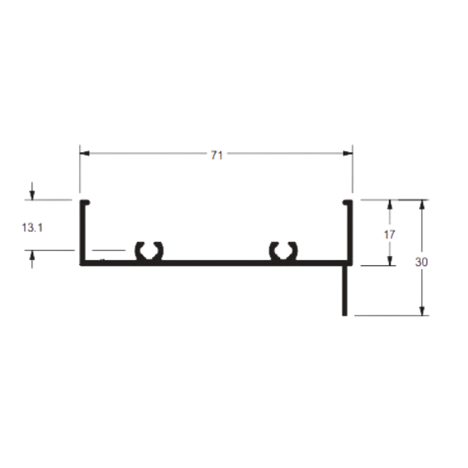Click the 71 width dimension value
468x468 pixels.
click(217, 155)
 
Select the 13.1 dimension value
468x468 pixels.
click(32, 228)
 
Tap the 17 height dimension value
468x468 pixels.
click(389, 234)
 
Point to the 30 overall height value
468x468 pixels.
click(421, 262)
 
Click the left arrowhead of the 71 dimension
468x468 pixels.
click(85, 154)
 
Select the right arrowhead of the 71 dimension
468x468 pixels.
click(347, 154)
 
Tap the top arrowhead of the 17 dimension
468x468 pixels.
click(390, 204)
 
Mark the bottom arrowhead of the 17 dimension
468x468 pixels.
click(390, 260)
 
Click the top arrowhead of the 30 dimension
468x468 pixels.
click(421, 204)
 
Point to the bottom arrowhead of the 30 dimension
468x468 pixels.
click(421, 310)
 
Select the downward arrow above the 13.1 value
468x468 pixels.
click(32, 191)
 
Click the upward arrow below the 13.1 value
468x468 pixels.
click(32, 259)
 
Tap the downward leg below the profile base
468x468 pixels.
click(345, 290)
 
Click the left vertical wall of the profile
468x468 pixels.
click(82, 232)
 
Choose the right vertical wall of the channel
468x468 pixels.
click(350, 232)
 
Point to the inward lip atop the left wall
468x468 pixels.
click(85, 202)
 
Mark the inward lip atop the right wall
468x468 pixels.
click(347, 202)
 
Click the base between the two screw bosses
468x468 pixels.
click(215, 263)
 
